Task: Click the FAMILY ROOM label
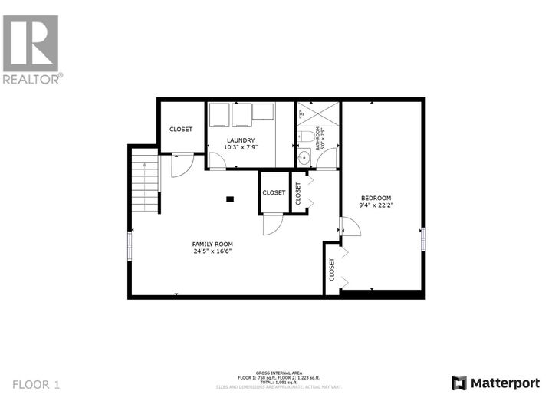click(212, 244)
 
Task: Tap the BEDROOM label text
click(376, 199)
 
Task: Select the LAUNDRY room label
click(240, 140)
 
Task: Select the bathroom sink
click(304, 159)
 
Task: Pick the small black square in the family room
click(229, 199)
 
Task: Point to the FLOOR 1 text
click(36, 383)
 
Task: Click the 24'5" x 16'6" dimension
click(212, 251)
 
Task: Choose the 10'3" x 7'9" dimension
click(240, 146)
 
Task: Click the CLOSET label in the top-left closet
click(181, 129)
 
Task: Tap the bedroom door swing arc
click(350, 227)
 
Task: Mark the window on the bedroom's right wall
click(422, 238)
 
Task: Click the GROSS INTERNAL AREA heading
click(276, 373)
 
